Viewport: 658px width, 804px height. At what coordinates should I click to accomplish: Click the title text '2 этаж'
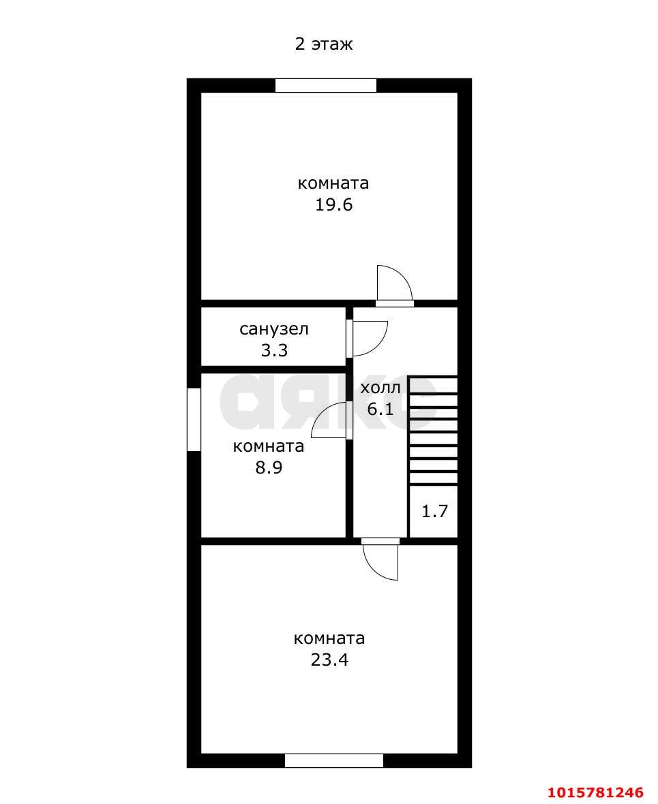click(x=323, y=44)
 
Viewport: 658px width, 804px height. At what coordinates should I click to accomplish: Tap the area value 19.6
click(x=333, y=205)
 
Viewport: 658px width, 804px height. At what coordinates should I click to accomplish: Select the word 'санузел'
click(x=274, y=329)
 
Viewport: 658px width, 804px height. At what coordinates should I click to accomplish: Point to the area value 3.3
click(x=274, y=351)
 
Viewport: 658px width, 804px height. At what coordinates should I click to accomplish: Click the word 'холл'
click(x=380, y=388)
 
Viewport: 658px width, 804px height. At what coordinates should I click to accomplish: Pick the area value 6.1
click(x=380, y=409)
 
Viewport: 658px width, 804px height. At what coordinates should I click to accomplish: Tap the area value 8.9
click(x=269, y=467)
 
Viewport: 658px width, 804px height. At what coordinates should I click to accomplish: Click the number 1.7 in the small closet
click(x=435, y=511)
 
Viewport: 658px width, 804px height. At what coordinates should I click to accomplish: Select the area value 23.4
click(x=329, y=660)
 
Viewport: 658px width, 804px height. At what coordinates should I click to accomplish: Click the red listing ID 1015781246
click(x=595, y=792)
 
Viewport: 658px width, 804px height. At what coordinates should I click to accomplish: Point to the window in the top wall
click(x=326, y=86)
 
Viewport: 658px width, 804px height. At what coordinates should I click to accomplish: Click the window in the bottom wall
click(x=334, y=761)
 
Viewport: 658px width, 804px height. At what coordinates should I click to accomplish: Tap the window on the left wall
click(x=194, y=420)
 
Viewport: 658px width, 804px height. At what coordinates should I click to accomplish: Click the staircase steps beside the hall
click(x=433, y=431)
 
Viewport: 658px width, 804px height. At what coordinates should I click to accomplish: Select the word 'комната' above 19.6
click(x=333, y=183)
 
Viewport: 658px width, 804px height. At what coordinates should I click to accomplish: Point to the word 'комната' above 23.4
click(x=329, y=638)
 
